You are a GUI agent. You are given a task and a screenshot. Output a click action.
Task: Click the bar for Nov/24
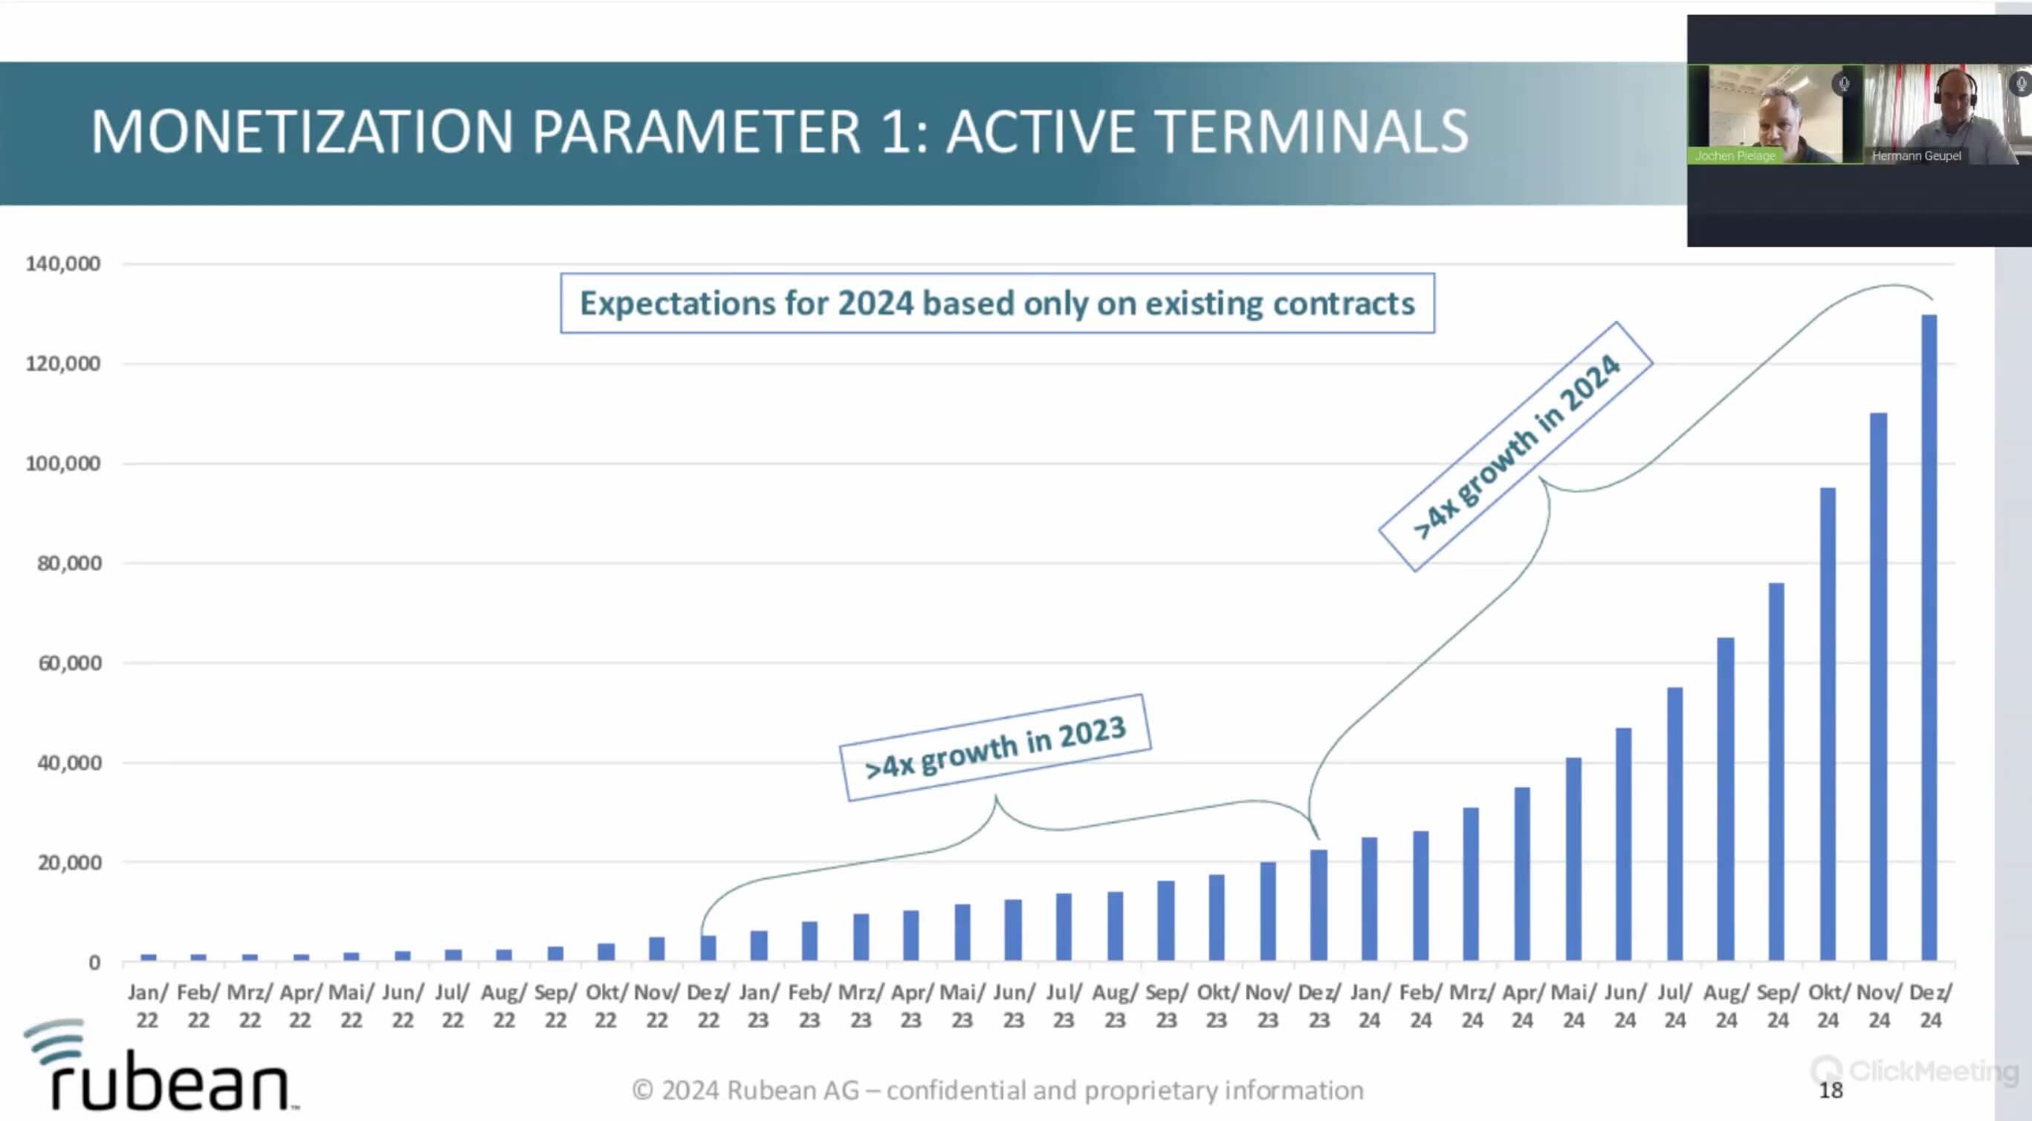tap(1878, 686)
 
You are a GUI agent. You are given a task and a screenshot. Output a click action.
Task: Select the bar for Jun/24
tap(1623, 844)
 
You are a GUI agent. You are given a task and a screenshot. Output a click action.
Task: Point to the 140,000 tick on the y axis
tap(63, 263)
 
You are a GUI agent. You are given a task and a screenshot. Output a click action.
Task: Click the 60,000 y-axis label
tap(69, 663)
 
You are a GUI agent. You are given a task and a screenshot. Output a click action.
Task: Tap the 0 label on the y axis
tap(94, 963)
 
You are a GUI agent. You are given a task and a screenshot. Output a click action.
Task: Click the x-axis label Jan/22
tap(147, 1006)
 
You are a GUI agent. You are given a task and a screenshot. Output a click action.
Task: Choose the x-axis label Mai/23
tap(962, 1006)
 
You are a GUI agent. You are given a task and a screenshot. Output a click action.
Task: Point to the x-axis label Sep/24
tap(1777, 1006)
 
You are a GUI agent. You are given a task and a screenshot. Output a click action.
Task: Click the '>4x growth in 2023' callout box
tap(994, 747)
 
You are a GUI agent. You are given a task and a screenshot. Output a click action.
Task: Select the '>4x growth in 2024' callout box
tap(1515, 446)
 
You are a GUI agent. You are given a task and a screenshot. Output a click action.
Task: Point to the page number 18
tap(1830, 1091)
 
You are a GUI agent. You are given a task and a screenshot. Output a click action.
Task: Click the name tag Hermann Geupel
tap(1916, 156)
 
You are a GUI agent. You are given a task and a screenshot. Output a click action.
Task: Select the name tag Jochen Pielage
tap(1735, 156)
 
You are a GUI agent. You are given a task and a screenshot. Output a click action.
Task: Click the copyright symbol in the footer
tap(642, 1091)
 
